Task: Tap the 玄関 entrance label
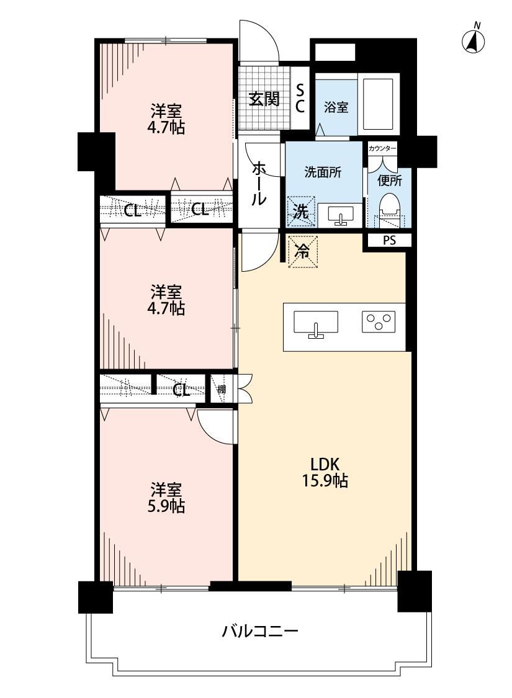pos(264,99)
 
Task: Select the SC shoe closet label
pos(300,99)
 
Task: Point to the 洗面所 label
pos(323,172)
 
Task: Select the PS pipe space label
pos(389,240)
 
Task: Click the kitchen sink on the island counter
pos(316,324)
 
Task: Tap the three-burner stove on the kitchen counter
pos(379,321)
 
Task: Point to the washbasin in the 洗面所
pos(341,215)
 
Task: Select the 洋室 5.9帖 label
pos(166,498)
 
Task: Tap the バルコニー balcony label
pos(260,631)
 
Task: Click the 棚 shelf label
pos(222,389)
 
